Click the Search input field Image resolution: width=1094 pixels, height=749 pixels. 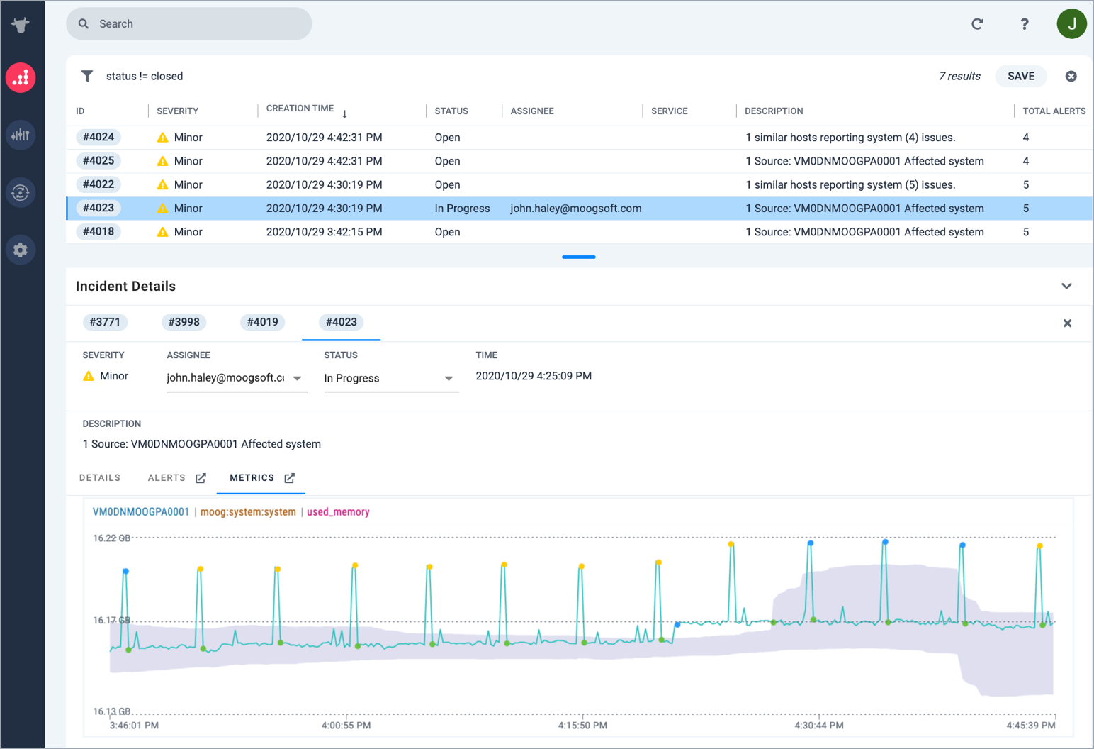tap(188, 23)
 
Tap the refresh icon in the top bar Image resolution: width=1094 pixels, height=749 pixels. tap(977, 24)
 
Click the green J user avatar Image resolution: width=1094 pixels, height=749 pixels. tap(1071, 23)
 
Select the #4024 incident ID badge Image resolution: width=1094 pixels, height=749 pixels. tap(98, 137)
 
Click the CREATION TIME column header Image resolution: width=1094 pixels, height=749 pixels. tap(300, 109)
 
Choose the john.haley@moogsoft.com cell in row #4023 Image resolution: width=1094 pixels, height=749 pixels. tap(576, 209)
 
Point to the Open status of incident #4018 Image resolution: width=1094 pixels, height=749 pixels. tap(447, 232)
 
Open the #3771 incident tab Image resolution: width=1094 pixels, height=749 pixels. tap(105, 322)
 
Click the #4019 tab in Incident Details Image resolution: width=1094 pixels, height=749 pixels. tap(262, 322)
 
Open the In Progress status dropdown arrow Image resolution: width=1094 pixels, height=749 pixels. tap(449, 379)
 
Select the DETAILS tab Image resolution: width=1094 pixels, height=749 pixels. tap(100, 477)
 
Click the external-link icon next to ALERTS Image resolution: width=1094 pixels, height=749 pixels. tap(201, 478)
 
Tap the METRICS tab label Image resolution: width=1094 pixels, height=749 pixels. tap(252, 477)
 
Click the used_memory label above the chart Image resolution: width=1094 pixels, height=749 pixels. tap(338, 512)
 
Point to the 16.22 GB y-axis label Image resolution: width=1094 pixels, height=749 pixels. tap(112, 538)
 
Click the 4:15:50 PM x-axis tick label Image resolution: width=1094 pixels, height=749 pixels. tap(582, 726)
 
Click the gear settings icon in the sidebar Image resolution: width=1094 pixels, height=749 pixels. tap(20, 250)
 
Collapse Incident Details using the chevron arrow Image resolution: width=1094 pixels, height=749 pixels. tap(1066, 286)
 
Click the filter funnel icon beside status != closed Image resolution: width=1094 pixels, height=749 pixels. tap(87, 76)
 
